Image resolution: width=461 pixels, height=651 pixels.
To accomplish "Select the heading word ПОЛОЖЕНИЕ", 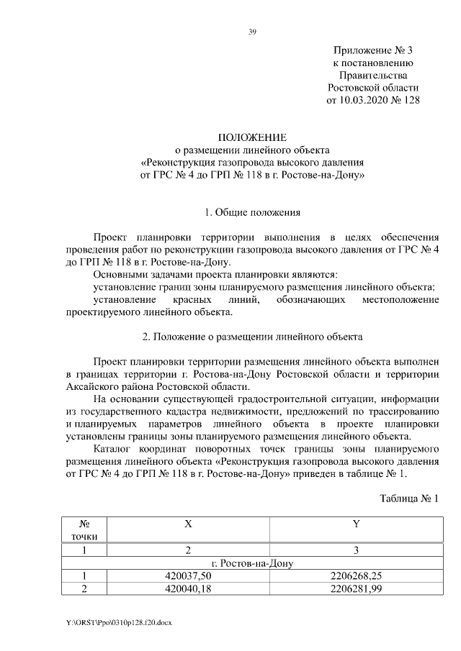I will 252,137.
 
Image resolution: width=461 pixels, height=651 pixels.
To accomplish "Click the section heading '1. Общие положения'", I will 252,212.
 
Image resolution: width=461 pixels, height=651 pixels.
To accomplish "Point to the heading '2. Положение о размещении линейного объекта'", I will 252,337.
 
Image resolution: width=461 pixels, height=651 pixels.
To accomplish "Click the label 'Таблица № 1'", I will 408,498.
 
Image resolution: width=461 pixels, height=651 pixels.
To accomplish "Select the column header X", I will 188,524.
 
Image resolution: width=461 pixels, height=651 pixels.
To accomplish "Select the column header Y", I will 356,524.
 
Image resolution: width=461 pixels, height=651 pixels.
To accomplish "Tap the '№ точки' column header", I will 84,530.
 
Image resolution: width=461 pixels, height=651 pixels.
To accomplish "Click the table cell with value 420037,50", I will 188,576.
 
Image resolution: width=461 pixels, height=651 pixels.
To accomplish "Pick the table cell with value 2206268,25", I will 356,576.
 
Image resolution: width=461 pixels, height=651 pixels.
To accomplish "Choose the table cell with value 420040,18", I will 188,589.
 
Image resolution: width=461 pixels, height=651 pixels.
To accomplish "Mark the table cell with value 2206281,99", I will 356,589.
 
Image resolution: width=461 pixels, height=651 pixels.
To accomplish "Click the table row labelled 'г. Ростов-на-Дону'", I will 251,563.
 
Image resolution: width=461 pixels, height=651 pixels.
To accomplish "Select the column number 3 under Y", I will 356,550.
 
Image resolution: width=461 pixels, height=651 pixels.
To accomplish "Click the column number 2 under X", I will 188,550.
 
